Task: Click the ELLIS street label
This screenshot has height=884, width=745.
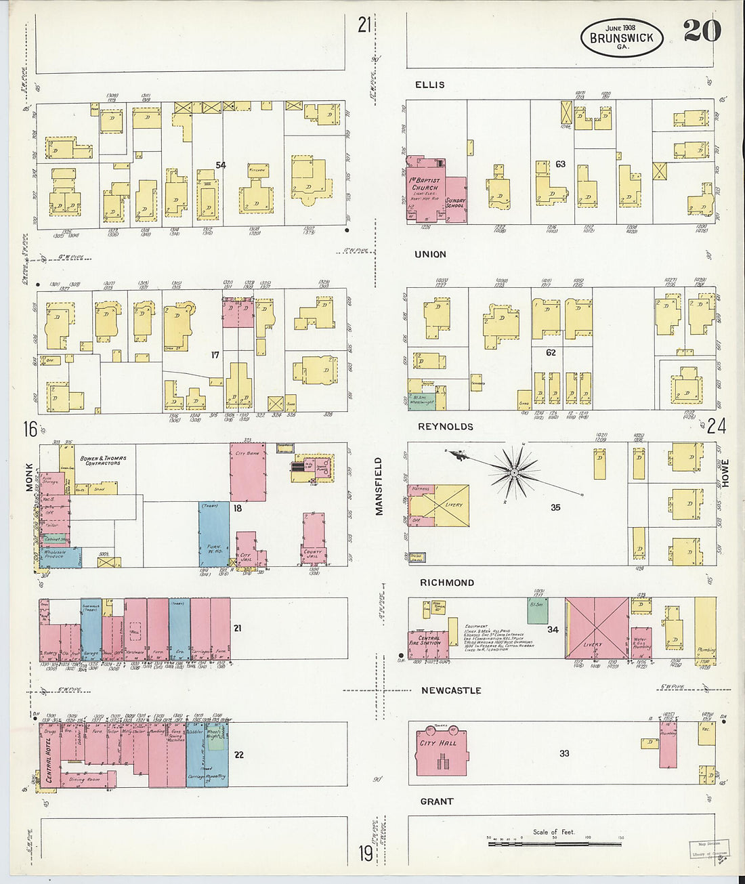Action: point(430,85)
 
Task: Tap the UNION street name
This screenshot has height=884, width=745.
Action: point(430,255)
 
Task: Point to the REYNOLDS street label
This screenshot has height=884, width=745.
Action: point(445,427)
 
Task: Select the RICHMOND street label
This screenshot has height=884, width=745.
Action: point(447,583)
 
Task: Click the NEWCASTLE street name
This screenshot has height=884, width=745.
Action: point(451,690)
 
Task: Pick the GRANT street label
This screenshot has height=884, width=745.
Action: point(437,801)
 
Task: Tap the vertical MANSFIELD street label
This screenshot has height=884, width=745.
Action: point(379,486)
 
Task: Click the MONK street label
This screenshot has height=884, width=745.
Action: point(29,477)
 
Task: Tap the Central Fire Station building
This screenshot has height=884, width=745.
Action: point(428,640)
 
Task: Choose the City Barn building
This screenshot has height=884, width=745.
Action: point(248,471)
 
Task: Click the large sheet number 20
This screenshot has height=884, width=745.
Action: point(702,30)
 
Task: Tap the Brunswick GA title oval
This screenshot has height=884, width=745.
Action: point(622,37)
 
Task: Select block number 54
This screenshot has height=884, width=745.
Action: point(220,165)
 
